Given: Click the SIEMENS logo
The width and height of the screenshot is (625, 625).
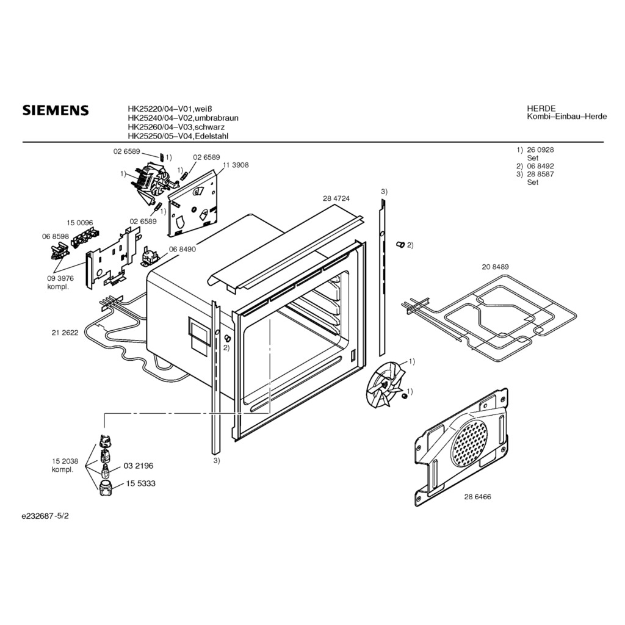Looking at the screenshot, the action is [x=56, y=110].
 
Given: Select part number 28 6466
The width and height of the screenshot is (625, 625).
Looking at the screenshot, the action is [x=477, y=497].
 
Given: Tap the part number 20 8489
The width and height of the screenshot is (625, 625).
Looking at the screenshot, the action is [x=495, y=267].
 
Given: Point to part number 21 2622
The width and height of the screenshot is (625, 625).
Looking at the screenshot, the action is [x=65, y=333].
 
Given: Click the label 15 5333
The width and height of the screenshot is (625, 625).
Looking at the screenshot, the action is [x=141, y=483].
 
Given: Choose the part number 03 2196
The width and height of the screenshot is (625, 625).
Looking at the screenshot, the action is [x=139, y=466].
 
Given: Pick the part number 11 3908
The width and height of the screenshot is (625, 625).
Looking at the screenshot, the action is [x=236, y=165].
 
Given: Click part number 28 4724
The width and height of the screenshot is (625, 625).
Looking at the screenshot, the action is [x=336, y=198].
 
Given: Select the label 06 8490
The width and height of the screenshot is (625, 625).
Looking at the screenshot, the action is [x=182, y=249].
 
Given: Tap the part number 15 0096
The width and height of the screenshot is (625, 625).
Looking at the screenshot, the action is [x=80, y=223].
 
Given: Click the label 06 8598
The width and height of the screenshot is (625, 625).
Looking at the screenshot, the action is [x=56, y=236].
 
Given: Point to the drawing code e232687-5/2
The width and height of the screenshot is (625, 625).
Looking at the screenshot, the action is [x=45, y=516].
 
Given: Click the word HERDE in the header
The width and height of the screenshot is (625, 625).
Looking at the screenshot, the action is [x=541, y=109].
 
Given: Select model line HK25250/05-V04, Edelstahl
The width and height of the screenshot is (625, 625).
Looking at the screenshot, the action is [x=178, y=136].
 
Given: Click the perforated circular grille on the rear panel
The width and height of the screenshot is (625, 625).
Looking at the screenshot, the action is [x=469, y=443].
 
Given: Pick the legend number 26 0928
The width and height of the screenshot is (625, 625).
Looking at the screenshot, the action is [x=541, y=150].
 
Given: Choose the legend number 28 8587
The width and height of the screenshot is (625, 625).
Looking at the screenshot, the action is [x=541, y=174].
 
